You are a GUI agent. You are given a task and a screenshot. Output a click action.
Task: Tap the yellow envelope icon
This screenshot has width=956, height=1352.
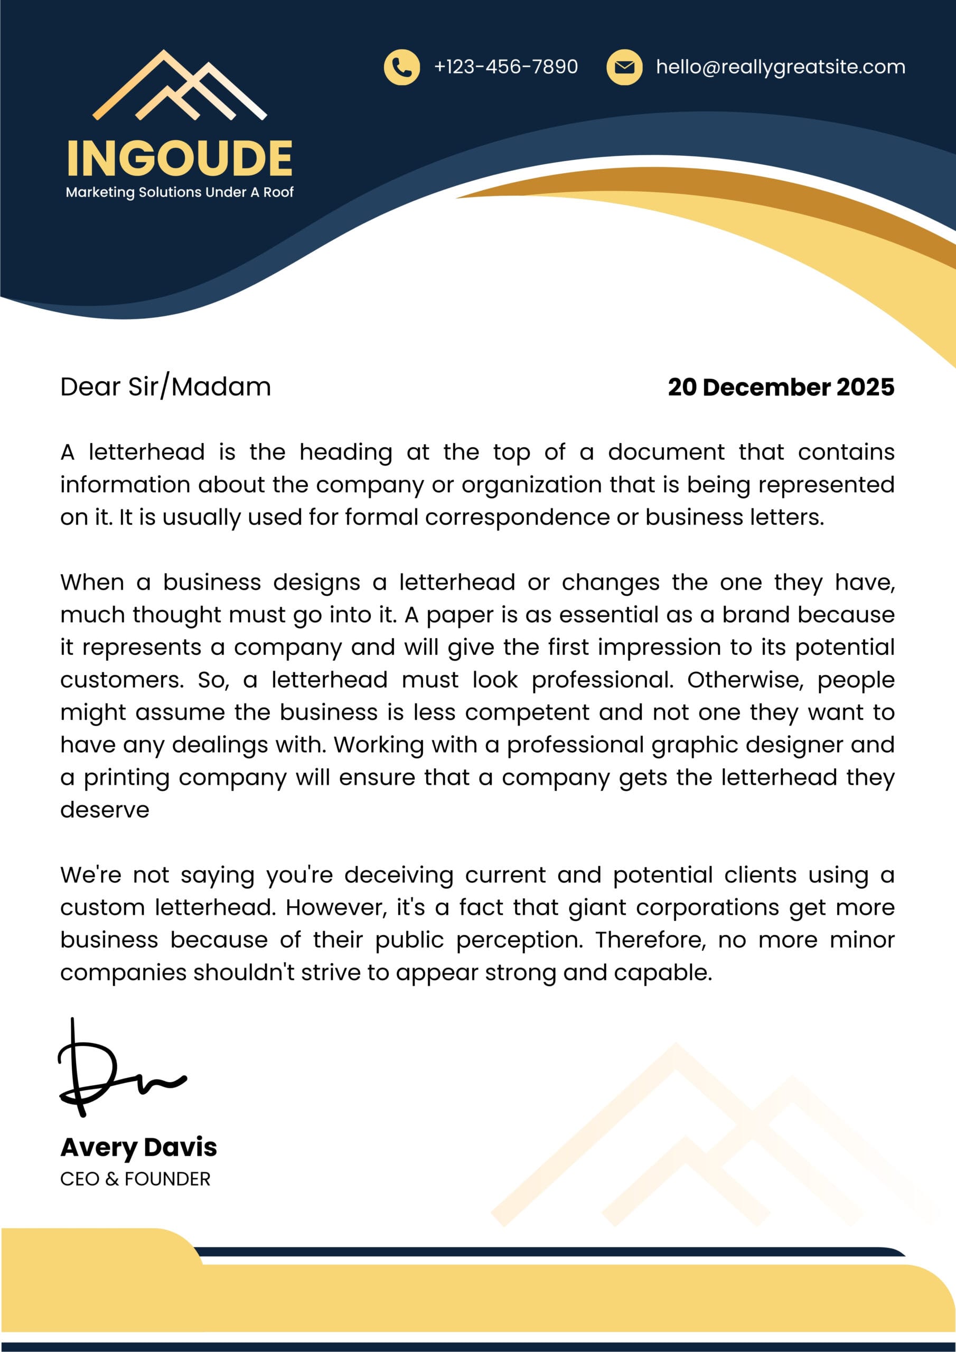624,67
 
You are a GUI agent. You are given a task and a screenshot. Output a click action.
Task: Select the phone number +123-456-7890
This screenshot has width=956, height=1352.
505,67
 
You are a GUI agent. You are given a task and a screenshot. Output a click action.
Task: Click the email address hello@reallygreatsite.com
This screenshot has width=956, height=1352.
781,67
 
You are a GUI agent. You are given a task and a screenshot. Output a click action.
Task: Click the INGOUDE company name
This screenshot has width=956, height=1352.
180,158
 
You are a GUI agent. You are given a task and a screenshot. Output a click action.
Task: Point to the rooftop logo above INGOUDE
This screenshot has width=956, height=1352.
180,86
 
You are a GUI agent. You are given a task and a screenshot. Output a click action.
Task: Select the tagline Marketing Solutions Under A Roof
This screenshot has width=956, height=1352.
180,192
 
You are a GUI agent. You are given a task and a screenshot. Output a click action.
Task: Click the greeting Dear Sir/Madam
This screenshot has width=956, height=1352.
165,387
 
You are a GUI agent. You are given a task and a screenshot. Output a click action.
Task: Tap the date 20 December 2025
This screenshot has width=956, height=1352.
781,387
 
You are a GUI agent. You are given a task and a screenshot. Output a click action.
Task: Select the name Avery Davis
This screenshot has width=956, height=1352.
138,1147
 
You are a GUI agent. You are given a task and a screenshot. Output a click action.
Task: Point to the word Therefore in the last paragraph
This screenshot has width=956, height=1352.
650,940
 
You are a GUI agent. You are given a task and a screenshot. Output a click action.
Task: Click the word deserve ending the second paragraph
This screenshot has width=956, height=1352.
105,810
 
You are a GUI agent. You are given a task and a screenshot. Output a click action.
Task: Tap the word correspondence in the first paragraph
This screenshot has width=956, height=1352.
517,517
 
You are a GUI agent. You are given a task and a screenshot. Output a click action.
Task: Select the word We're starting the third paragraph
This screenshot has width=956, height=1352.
90,875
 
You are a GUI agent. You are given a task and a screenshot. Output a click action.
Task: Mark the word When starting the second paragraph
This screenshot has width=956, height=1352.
92,583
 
